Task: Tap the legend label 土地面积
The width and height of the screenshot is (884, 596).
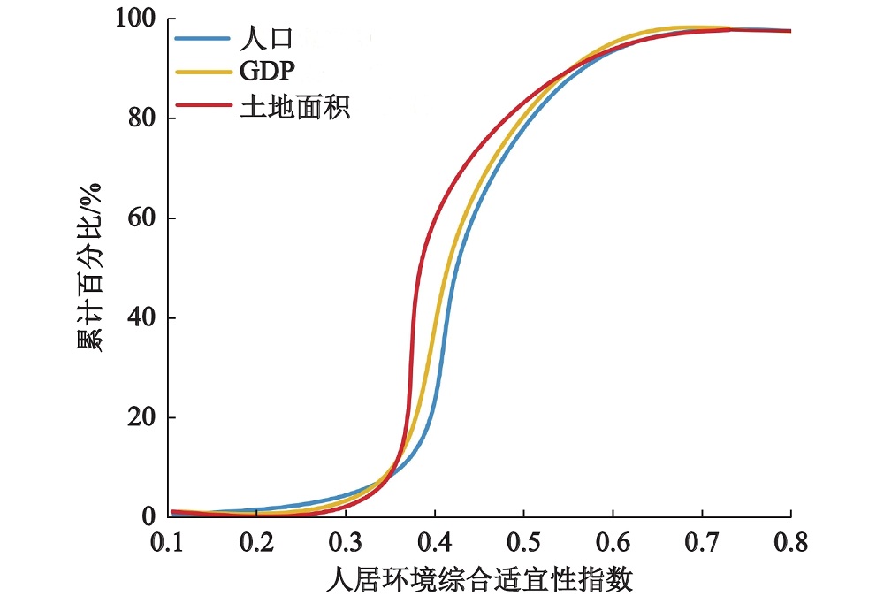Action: click(x=294, y=108)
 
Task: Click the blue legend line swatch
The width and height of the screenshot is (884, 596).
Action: click(x=202, y=39)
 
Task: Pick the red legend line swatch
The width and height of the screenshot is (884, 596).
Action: click(x=202, y=108)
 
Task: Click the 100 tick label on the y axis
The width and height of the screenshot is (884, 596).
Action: click(x=134, y=19)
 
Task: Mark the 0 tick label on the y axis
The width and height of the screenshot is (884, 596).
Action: click(x=149, y=516)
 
